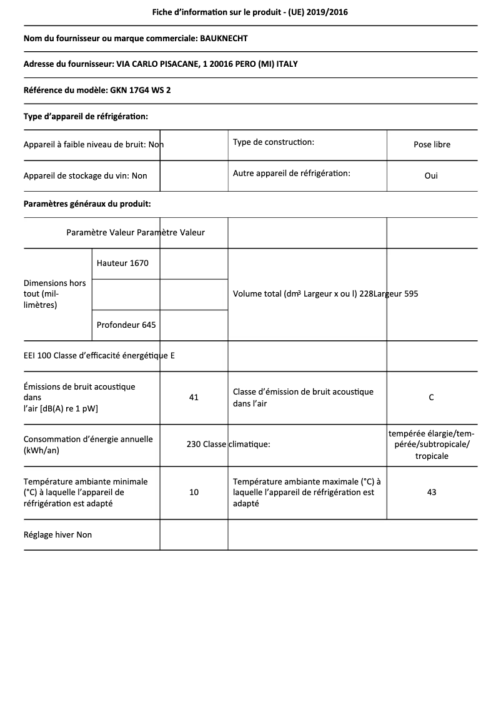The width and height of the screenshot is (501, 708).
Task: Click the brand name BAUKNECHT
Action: [223, 38]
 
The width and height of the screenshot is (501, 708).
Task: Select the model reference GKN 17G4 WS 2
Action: [141, 90]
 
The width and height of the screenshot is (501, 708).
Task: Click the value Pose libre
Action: [432, 144]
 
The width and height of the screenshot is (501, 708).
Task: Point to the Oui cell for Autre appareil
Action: [431, 175]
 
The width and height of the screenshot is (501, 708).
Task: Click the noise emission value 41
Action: [194, 397]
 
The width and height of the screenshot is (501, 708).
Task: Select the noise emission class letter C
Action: [431, 397]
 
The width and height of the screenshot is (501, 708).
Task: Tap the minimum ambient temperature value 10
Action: [194, 492]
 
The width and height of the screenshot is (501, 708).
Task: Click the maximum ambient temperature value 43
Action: [431, 492]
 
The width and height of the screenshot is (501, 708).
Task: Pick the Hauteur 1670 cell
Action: [122, 263]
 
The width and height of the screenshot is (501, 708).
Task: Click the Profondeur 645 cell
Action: [126, 325]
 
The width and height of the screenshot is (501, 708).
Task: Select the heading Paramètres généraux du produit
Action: [87, 204]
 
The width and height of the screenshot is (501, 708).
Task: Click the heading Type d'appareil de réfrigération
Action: [86, 116]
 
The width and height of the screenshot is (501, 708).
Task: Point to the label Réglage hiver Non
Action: [57, 534]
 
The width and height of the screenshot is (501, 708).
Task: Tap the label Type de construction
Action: [273, 142]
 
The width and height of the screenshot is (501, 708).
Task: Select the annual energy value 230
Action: [194, 445]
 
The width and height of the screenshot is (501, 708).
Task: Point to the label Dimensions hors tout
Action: [54, 293]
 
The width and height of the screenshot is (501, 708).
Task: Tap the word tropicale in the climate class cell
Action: [432, 456]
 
